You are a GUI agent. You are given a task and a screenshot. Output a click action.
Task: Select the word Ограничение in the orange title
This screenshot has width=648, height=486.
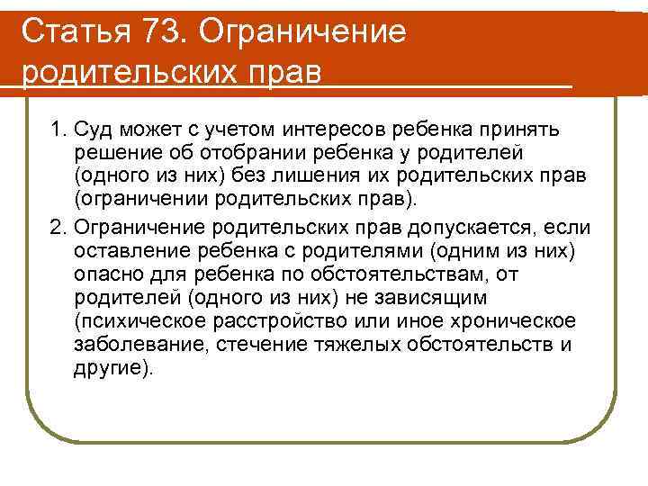[x=303, y=32]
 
